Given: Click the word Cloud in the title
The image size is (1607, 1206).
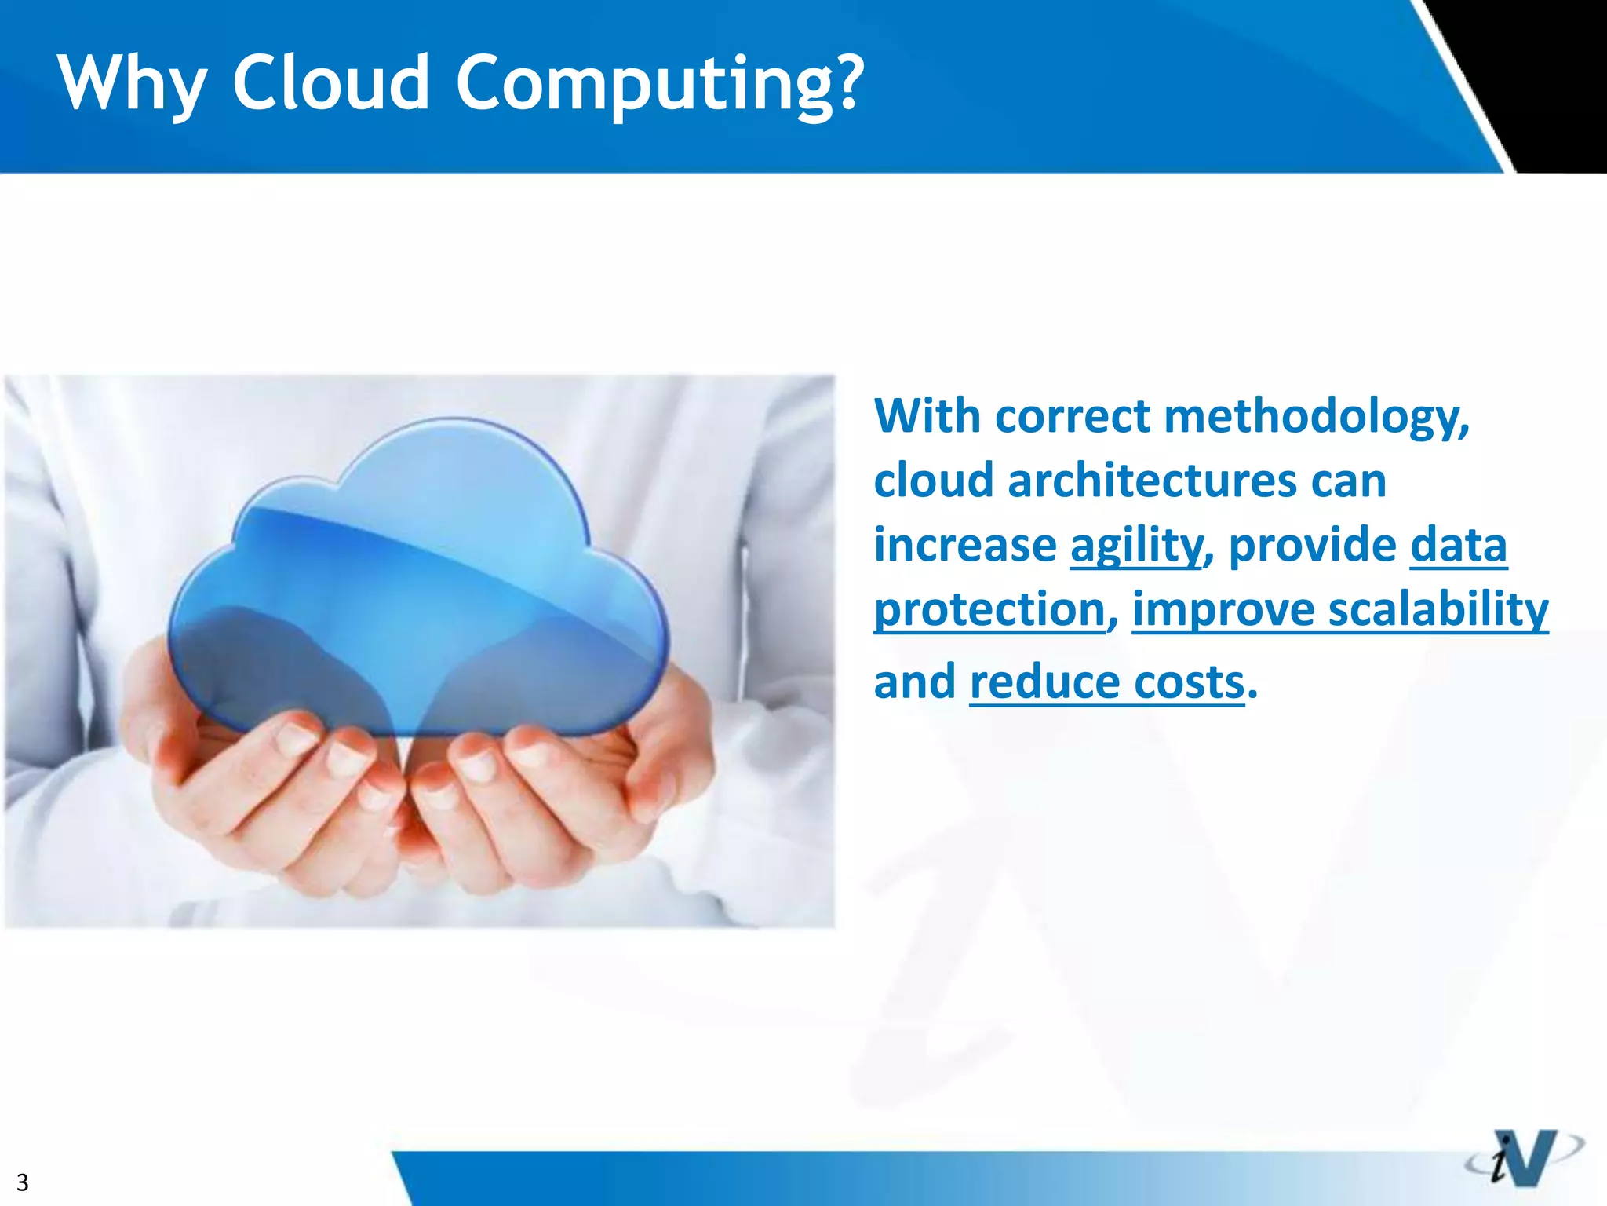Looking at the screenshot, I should coord(330,82).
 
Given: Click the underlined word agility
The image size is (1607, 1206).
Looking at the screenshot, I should coord(1135,546).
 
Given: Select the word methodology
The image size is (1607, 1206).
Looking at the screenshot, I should coord(1316,417).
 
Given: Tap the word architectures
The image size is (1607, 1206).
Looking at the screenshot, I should coord(1152,481).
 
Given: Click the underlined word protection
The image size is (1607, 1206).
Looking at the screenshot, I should coord(989,610).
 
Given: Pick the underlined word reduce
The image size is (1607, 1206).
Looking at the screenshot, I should coord(1044,682).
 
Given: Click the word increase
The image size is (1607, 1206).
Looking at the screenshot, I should coord(965,546).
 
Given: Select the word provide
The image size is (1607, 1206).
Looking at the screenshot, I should coord(1312,546).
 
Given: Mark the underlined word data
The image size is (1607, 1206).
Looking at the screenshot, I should coord(1458,546).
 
